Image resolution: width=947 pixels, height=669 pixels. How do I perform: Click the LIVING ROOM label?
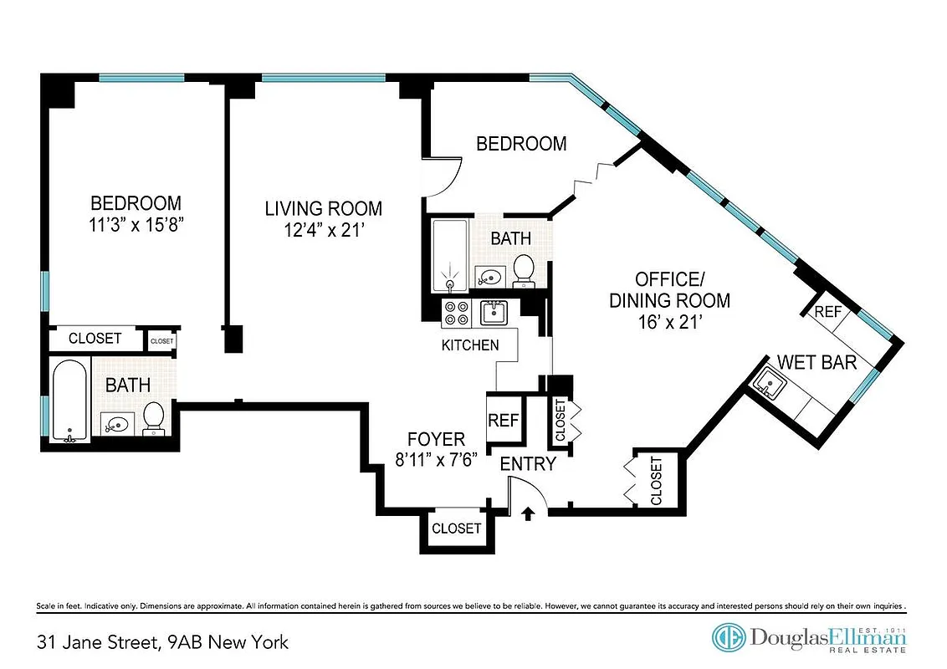pyautogui.click(x=323, y=208)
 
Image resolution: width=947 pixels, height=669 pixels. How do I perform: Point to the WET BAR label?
pyautogui.click(x=817, y=362)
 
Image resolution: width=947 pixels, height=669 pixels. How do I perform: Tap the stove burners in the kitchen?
pyautogui.click(x=456, y=314)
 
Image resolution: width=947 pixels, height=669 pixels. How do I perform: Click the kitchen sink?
pyautogui.click(x=493, y=313)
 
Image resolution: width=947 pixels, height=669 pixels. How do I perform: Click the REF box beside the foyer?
pyautogui.click(x=504, y=420)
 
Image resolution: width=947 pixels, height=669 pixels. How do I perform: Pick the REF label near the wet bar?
pyautogui.click(x=827, y=312)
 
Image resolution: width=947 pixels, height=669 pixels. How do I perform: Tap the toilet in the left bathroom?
pyautogui.click(x=154, y=417)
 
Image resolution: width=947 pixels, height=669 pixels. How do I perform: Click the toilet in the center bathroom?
pyautogui.click(x=524, y=268)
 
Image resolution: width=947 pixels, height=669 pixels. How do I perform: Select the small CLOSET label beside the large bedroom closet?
pyautogui.click(x=161, y=341)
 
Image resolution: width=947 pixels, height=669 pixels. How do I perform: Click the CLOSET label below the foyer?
pyautogui.click(x=456, y=529)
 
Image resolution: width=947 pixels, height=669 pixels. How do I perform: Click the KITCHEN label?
pyautogui.click(x=470, y=345)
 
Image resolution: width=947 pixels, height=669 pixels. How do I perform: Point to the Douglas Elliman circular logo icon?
pyautogui.click(x=728, y=638)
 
